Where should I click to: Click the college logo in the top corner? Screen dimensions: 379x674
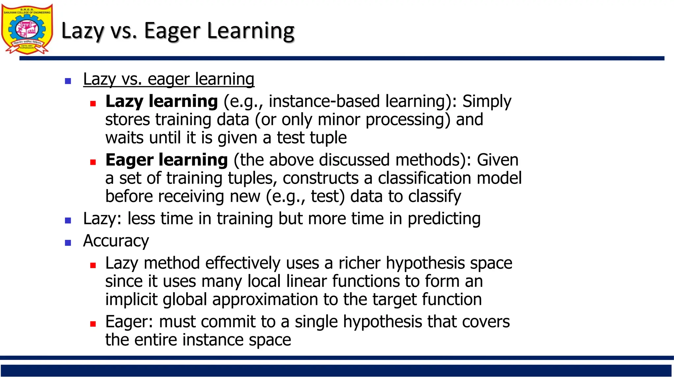click(27, 29)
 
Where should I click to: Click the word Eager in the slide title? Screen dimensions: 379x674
click(172, 31)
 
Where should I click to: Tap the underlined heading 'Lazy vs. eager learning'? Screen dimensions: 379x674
click(168, 79)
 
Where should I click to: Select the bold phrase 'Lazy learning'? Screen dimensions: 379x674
click(162, 101)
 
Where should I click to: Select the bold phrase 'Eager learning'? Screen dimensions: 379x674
click(167, 160)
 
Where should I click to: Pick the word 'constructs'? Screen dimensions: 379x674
click(321, 178)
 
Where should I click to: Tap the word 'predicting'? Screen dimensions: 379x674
click(444, 218)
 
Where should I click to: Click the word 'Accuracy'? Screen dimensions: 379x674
click(116, 241)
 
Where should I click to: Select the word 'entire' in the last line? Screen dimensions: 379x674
click(156, 340)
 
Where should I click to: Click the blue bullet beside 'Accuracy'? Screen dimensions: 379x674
click(68, 243)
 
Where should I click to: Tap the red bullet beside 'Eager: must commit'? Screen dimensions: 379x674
click(93, 324)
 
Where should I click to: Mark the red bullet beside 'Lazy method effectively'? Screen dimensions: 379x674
click(93, 265)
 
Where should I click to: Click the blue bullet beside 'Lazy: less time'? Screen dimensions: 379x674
click(68, 220)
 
